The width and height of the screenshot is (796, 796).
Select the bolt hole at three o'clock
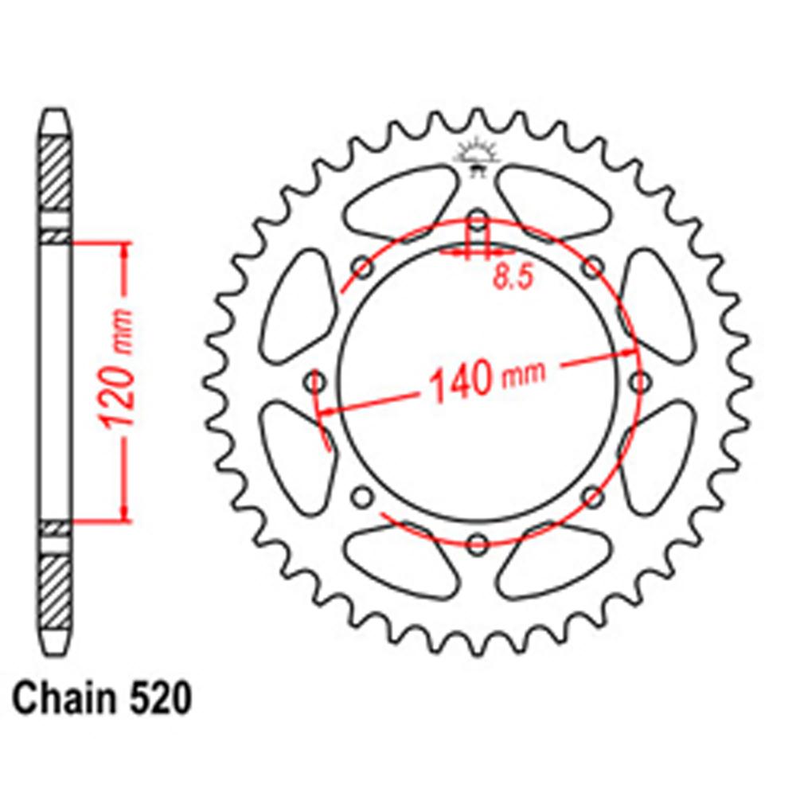click(x=638, y=383)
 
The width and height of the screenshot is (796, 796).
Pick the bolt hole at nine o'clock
click(x=316, y=383)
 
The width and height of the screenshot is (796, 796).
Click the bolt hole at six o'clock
click(x=477, y=544)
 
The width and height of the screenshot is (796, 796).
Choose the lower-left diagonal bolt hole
click(x=362, y=498)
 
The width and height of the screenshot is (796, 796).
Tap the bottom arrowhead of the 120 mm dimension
click(x=124, y=513)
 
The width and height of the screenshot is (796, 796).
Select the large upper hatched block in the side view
click(x=55, y=172)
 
